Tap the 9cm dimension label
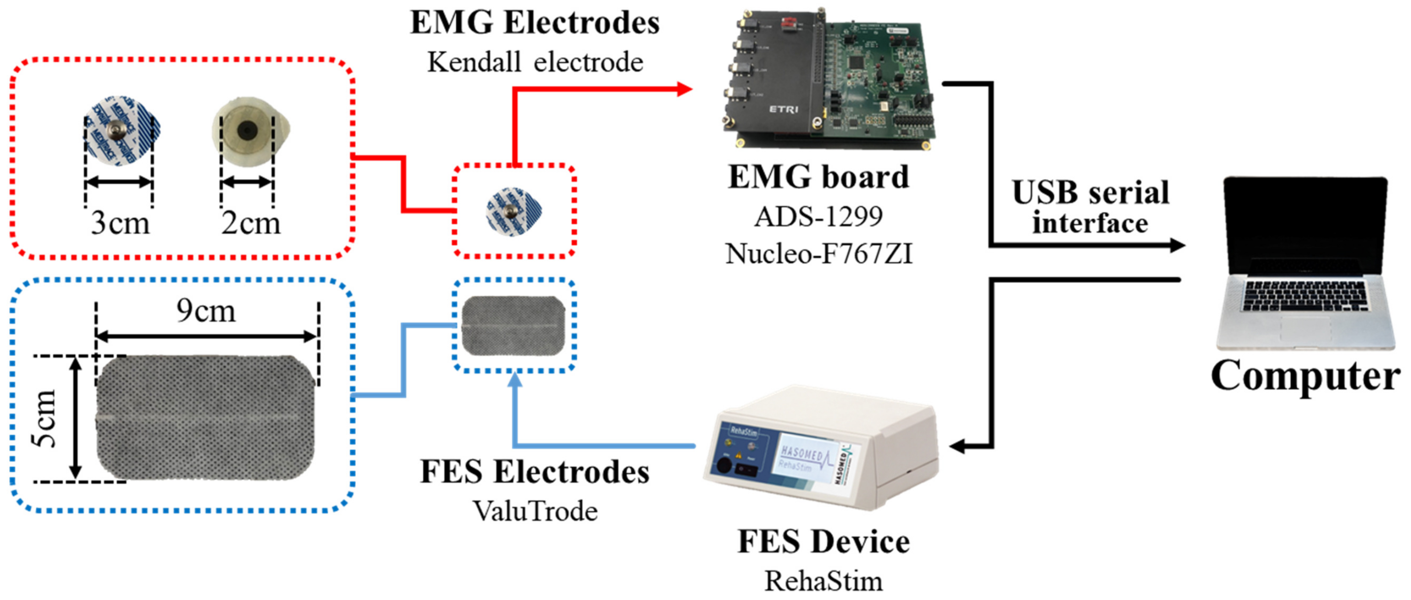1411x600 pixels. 206,311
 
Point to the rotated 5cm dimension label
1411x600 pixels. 44,419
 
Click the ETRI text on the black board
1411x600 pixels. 783,110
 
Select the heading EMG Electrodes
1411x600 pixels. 535,23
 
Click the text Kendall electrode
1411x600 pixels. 535,62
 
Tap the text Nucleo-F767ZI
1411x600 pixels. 819,254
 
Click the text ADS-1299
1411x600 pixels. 819,217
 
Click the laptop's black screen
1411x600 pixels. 1306,225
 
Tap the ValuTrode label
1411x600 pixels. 535,511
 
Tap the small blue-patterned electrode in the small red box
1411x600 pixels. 513,211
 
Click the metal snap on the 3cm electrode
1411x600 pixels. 116,130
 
